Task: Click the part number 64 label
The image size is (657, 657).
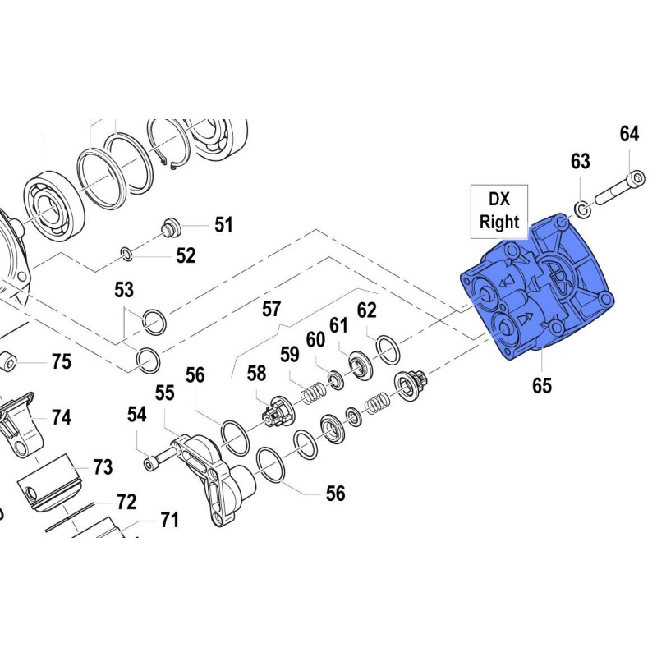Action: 629,134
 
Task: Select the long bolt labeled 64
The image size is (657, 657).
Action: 615,191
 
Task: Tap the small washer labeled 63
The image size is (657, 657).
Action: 581,210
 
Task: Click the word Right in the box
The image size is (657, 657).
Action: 499,222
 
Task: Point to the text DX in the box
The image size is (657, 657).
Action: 499,200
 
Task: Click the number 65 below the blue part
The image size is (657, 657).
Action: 542,385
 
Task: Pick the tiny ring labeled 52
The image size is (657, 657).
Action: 126,253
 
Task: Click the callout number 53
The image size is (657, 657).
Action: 124,290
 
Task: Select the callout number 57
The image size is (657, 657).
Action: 272,310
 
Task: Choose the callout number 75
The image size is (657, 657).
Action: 62,361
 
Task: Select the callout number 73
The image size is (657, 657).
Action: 102,467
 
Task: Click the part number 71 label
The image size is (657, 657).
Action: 168,520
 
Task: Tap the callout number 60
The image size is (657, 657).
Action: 316,339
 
